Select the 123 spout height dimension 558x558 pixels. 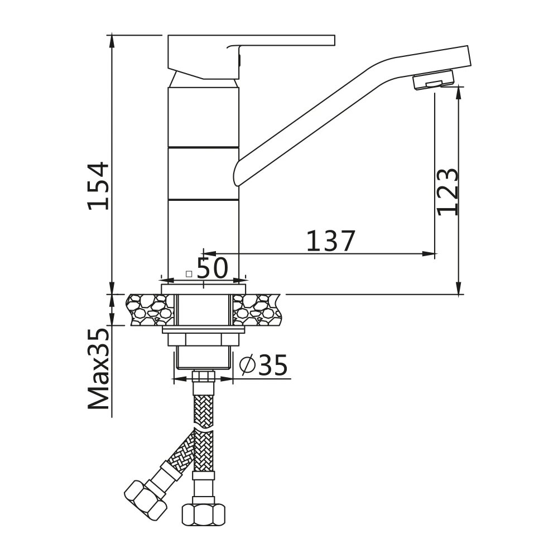pyautogui.click(x=448, y=192)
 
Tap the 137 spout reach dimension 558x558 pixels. pyautogui.click(x=330, y=241)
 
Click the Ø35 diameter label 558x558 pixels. pyautogui.click(x=263, y=364)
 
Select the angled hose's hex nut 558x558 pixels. pyautogui.click(x=146, y=500)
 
